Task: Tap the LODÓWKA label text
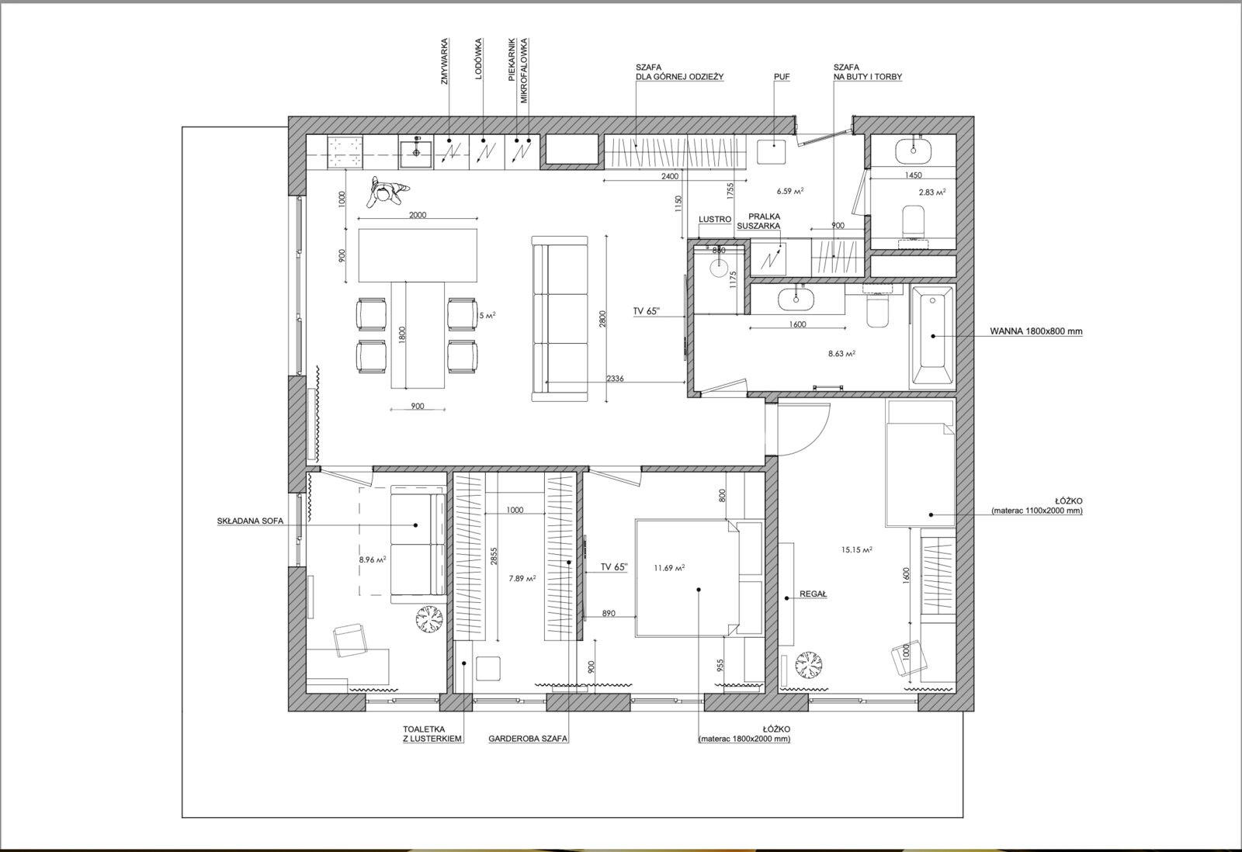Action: (x=478, y=58)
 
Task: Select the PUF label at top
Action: (x=781, y=78)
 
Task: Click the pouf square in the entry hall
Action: (x=772, y=152)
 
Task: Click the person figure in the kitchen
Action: (x=387, y=192)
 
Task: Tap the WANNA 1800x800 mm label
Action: (x=1036, y=331)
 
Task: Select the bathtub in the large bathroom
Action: (x=932, y=335)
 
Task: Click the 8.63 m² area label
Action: (x=841, y=353)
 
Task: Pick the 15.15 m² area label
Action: (x=857, y=550)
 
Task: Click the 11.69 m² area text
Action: (x=669, y=568)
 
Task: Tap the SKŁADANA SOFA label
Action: (x=250, y=521)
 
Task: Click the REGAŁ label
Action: (x=813, y=594)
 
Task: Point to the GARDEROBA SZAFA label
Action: (x=528, y=739)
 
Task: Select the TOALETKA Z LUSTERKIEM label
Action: (x=432, y=734)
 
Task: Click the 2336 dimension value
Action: (x=615, y=379)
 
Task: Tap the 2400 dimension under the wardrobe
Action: (x=670, y=176)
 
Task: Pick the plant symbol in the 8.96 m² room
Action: (x=430, y=618)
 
